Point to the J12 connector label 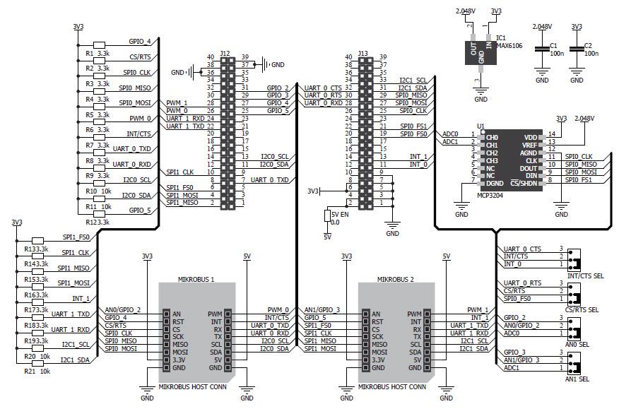pyautogui.click(x=225, y=53)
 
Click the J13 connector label pyautogui.click(x=362, y=53)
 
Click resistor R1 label pyautogui.click(x=90, y=54)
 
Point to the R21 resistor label pyautogui.click(x=30, y=371)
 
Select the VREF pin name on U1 pyautogui.click(x=530, y=145)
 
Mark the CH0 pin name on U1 pyautogui.click(x=492, y=137)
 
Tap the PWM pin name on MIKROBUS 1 pyautogui.click(x=215, y=314)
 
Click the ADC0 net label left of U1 pyautogui.click(x=449, y=134)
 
